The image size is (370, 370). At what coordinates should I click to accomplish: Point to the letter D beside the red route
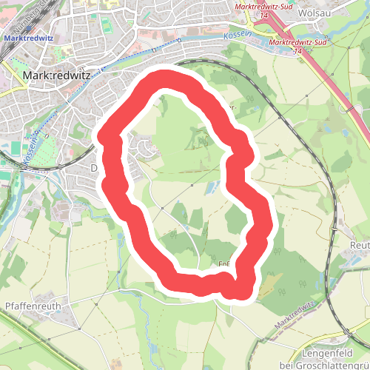coord(94,168)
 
